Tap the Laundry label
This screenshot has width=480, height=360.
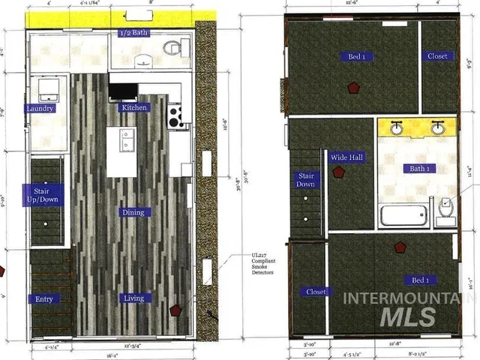point(40,109)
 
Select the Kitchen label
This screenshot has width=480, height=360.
point(134,107)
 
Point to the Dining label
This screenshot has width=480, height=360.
point(133,212)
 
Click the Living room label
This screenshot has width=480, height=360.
point(133,298)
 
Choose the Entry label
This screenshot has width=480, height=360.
point(44,299)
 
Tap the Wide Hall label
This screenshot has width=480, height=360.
point(346,157)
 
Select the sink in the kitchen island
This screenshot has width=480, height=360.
point(124,138)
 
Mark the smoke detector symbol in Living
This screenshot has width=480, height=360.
point(176,309)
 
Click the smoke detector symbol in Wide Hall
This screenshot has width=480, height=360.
point(339,172)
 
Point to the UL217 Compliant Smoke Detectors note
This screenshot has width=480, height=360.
point(263,264)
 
